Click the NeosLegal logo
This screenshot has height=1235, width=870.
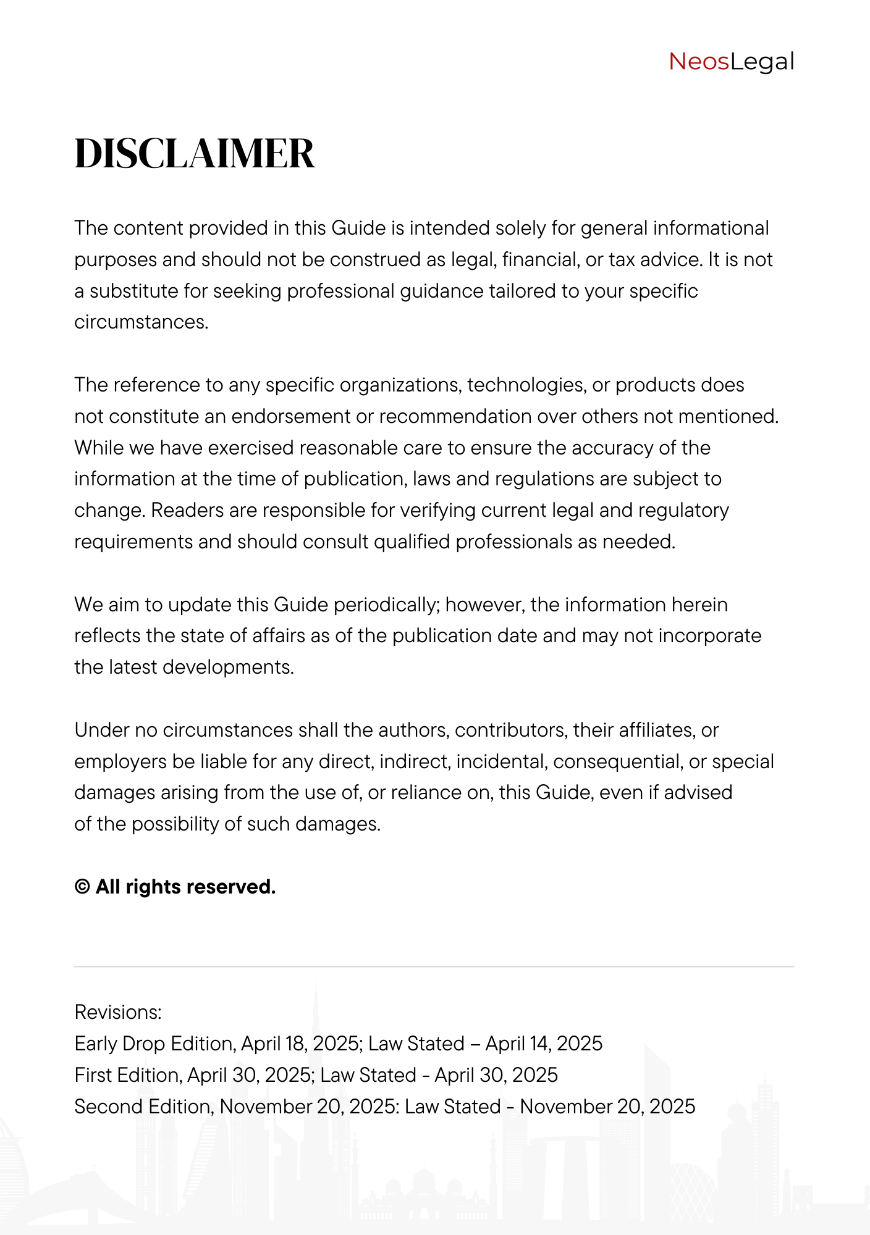pos(731,62)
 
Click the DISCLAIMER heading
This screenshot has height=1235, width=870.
pos(195,154)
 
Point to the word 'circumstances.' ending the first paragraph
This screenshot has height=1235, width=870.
pos(141,322)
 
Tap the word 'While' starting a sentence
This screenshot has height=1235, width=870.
pos(99,448)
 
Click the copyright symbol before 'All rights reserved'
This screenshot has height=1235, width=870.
pos(82,887)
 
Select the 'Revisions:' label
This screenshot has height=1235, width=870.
pos(118,1013)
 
